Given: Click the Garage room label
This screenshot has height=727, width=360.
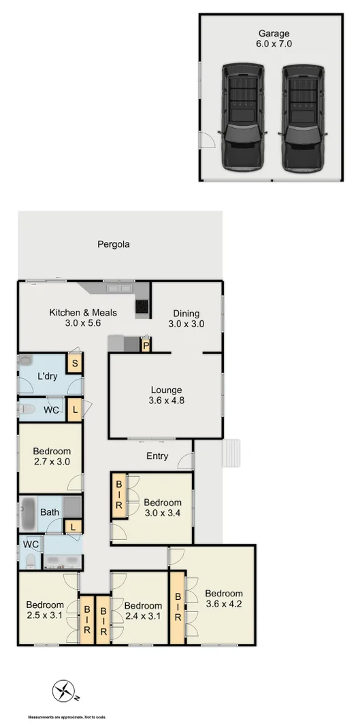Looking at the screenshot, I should click(x=274, y=38).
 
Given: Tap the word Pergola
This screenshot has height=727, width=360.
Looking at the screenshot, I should click(x=113, y=244).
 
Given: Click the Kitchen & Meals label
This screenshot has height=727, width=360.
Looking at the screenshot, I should click(x=83, y=318).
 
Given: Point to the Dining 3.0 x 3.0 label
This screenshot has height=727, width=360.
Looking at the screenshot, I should click(x=186, y=319).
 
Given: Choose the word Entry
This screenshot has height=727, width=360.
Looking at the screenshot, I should click(x=157, y=456).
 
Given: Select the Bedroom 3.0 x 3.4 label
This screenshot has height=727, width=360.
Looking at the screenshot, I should click(x=163, y=508).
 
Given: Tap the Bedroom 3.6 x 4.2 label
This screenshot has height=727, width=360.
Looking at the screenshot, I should click(x=223, y=598).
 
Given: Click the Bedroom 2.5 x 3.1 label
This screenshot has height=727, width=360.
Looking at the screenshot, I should click(x=45, y=610).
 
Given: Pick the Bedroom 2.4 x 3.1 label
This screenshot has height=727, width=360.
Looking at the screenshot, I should click(x=143, y=611).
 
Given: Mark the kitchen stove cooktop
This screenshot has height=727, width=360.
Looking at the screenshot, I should click(x=142, y=309).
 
